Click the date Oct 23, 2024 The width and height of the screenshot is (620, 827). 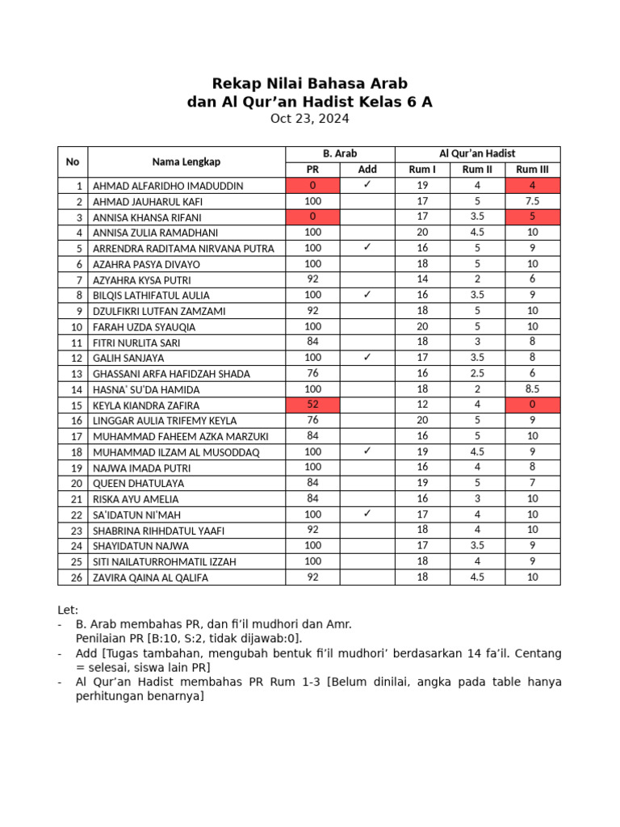pos(309,119)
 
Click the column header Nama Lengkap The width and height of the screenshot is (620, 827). pos(186,162)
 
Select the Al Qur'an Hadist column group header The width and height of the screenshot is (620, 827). pos(477,153)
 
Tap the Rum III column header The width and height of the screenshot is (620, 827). pos(532,170)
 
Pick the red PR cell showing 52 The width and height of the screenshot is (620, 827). pos(312,405)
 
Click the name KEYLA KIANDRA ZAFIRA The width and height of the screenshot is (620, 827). pos(146,405)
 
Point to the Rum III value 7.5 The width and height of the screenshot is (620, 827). pos(532,201)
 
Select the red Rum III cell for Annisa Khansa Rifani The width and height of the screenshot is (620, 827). pos(532,216)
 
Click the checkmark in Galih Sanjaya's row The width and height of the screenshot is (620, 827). pos(367,357)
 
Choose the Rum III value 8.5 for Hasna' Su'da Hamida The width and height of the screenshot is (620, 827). pos(532,388)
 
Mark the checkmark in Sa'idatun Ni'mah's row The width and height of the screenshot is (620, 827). pos(367,514)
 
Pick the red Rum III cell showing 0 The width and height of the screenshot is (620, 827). pos(532,405)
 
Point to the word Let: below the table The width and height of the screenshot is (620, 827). pos(69,609)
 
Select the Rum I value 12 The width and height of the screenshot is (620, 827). pos(422,405)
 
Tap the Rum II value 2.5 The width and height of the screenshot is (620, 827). pos(477,373)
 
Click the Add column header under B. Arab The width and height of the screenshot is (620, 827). pos(367,170)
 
